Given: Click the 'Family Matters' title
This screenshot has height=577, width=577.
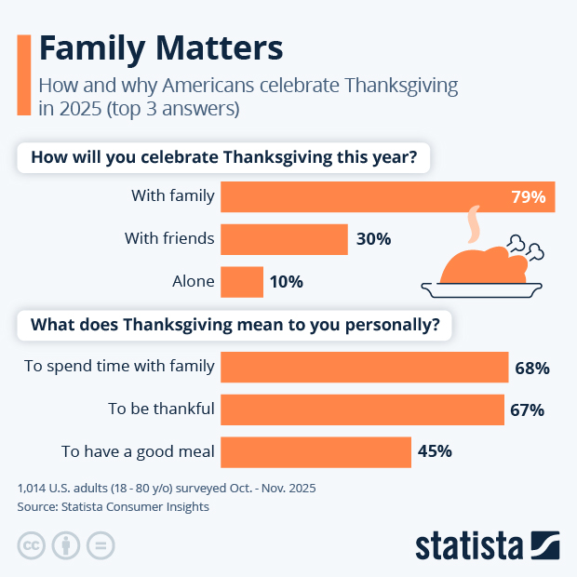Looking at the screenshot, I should (x=160, y=48).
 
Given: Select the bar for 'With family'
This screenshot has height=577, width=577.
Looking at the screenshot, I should (x=387, y=196).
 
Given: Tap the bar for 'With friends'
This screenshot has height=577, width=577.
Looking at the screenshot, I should (x=284, y=239).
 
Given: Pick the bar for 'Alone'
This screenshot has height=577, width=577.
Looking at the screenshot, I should (x=242, y=281).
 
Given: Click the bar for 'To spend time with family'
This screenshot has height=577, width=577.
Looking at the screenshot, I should (x=364, y=368).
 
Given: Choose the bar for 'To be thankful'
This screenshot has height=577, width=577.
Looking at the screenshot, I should (x=362, y=409).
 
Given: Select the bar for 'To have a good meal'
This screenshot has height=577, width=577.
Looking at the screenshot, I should (x=315, y=452).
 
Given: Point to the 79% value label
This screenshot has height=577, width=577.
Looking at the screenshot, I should (x=527, y=196).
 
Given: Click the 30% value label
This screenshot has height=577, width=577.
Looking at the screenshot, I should (x=373, y=239).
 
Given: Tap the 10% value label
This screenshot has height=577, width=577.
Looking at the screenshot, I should (x=287, y=281).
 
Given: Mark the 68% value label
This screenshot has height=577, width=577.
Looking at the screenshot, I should (x=532, y=368).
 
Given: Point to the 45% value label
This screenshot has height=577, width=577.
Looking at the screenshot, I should (x=435, y=452).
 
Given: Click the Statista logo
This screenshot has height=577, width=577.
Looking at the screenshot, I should (x=487, y=544).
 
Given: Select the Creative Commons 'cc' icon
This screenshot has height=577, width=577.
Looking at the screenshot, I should (x=32, y=544).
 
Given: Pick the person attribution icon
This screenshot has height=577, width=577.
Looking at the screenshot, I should (x=66, y=544).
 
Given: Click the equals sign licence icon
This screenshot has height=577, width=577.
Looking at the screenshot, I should (x=100, y=544).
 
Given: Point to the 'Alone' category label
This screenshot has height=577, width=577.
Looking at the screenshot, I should (x=194, y=281).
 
